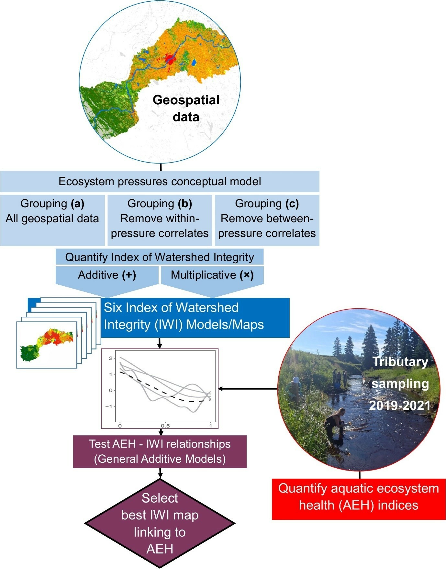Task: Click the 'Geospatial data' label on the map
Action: pos(186,108)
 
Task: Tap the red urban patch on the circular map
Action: pos(169,59)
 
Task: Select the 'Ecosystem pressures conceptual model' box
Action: pos(160,181)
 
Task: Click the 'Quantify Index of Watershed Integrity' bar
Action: pos(160,257)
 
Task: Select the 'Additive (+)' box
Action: pos(107,275)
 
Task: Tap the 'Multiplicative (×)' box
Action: pos(212,275)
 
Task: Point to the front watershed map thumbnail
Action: pos(47,345)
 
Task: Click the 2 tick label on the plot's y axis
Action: pos(111,358)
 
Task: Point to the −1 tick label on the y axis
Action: pos(109,406)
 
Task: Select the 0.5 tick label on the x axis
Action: pos(165,426)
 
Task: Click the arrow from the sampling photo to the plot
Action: pos(248,389)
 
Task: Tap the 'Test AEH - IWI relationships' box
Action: pos(160,451)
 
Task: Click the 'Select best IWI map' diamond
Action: pos(160,523)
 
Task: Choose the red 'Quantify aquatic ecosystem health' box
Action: pos(359,497)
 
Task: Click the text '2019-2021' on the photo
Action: pos(400,405)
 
